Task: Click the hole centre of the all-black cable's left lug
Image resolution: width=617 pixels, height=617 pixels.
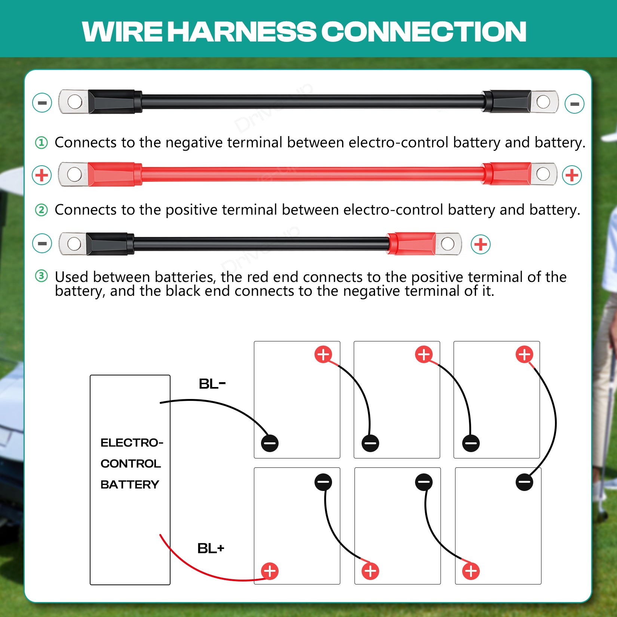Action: (x=74, y=101)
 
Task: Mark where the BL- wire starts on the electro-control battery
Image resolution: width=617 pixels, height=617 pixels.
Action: (x=160, y=403)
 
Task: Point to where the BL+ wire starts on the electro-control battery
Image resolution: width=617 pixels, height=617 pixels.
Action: (x=160, y=535)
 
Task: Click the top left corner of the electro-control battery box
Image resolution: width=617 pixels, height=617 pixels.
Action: (x=90, y=375)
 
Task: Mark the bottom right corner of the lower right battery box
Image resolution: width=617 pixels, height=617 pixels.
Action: (x=541, y=584)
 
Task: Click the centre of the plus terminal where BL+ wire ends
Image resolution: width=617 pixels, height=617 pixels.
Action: (x=270, y=571)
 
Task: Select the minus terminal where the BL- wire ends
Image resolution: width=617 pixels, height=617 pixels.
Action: (x=270, y=443)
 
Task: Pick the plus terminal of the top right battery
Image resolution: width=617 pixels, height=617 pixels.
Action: (x=524, y=354)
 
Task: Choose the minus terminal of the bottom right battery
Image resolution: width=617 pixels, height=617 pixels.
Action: (x=524, y=482)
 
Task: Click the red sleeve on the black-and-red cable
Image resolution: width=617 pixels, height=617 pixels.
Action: (x=412, y=243)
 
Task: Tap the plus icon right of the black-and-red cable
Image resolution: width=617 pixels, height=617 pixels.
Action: (x=481, y=245)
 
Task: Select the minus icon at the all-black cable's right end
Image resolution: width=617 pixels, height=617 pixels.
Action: (x=574, y=104)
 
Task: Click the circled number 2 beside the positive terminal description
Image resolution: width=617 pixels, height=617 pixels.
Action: (x=41, y=210)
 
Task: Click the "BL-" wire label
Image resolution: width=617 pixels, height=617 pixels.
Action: (x=212, y=384)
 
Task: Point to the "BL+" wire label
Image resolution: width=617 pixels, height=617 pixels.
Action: (x=211, y=549)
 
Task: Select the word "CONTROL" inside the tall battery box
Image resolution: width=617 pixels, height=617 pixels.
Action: (x=131, y=464)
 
